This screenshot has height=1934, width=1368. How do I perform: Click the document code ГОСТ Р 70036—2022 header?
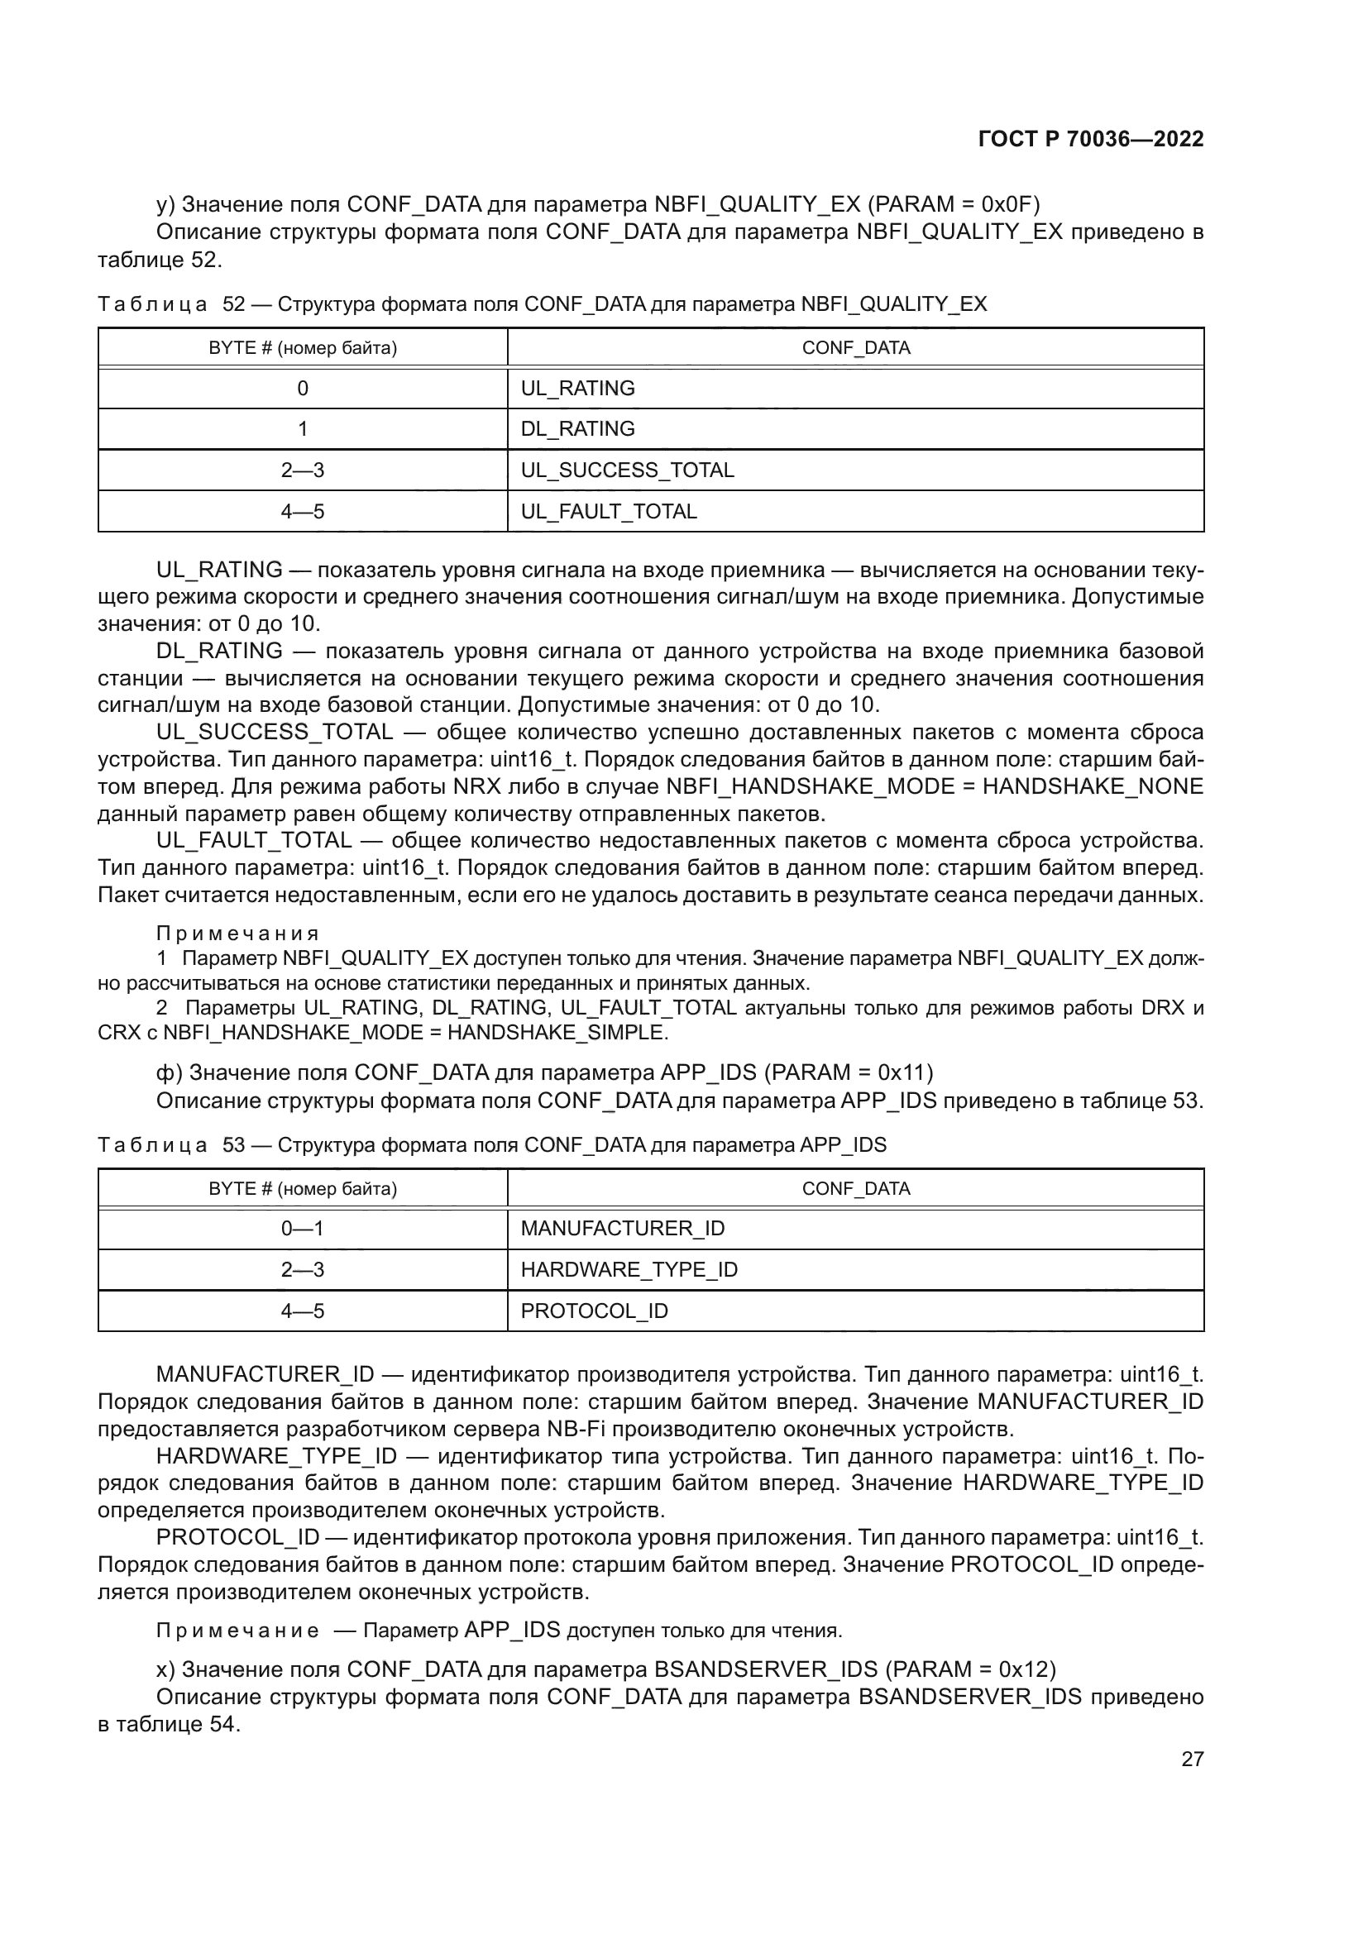[1091, 140]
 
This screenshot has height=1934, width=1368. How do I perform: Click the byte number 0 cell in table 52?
[303, 389]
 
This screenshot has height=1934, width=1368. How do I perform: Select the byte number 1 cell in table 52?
[303, 429]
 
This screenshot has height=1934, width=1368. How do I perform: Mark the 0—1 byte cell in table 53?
[303, 1228]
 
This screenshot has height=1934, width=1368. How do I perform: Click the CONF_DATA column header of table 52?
[856, 348]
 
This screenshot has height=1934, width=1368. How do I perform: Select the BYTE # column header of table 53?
[303, 1188]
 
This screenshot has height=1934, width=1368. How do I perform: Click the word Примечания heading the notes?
[237, 934]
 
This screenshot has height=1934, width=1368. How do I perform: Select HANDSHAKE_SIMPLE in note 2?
[557, 1032]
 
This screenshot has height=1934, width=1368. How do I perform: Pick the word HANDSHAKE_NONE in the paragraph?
[1093, 786]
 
